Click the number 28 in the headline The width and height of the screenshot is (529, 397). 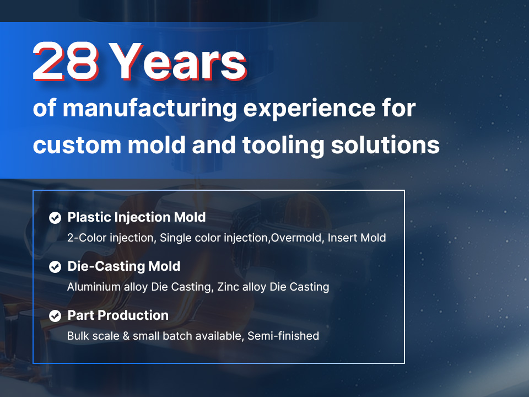(x=66, y=61)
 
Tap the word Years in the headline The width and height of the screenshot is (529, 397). (x=179, y=61)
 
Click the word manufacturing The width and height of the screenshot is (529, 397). (x=150, y=109)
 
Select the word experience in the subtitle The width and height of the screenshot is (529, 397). (x=309, y=109)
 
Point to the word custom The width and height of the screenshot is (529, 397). (x=77, y=145)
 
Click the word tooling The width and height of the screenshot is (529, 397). (x=283, y=146)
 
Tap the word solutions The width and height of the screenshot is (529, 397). (x=385, y=145)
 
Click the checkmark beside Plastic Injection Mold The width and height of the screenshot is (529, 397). (x=55, y=218)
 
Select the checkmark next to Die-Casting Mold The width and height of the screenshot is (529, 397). (x=55, y=267)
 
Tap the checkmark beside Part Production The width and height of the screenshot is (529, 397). (x=55, y=316)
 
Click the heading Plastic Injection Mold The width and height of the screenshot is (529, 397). (x=137, y=217)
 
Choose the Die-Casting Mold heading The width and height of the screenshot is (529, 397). (x=124, y=266)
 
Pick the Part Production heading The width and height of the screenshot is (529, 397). (x=118, y=315)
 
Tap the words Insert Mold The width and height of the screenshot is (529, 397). (x=357, y=238)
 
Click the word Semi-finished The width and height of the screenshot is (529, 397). (x=283, y=336)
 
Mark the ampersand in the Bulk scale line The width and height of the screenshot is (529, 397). (x=126, y=336)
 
